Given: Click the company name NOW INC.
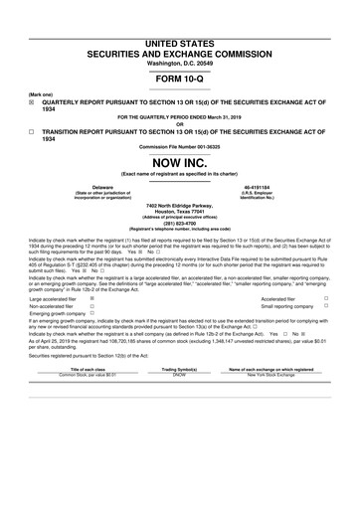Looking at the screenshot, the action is click(x=179, y=161).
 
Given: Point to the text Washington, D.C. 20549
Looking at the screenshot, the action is click(x=179, y=62).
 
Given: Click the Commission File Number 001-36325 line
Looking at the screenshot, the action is click(x=179, y=146).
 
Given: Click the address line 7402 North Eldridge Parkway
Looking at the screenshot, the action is click(x=179, y=206).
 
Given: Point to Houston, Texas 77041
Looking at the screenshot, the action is click(x=179, y=212).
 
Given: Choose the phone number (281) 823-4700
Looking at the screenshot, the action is click(x=179, y=224).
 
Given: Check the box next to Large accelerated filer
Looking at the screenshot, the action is click(x=92, y=297).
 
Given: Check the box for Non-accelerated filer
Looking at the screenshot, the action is click(x=92, y=305).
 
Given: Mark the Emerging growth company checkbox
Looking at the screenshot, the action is click(x=92, y=313).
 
